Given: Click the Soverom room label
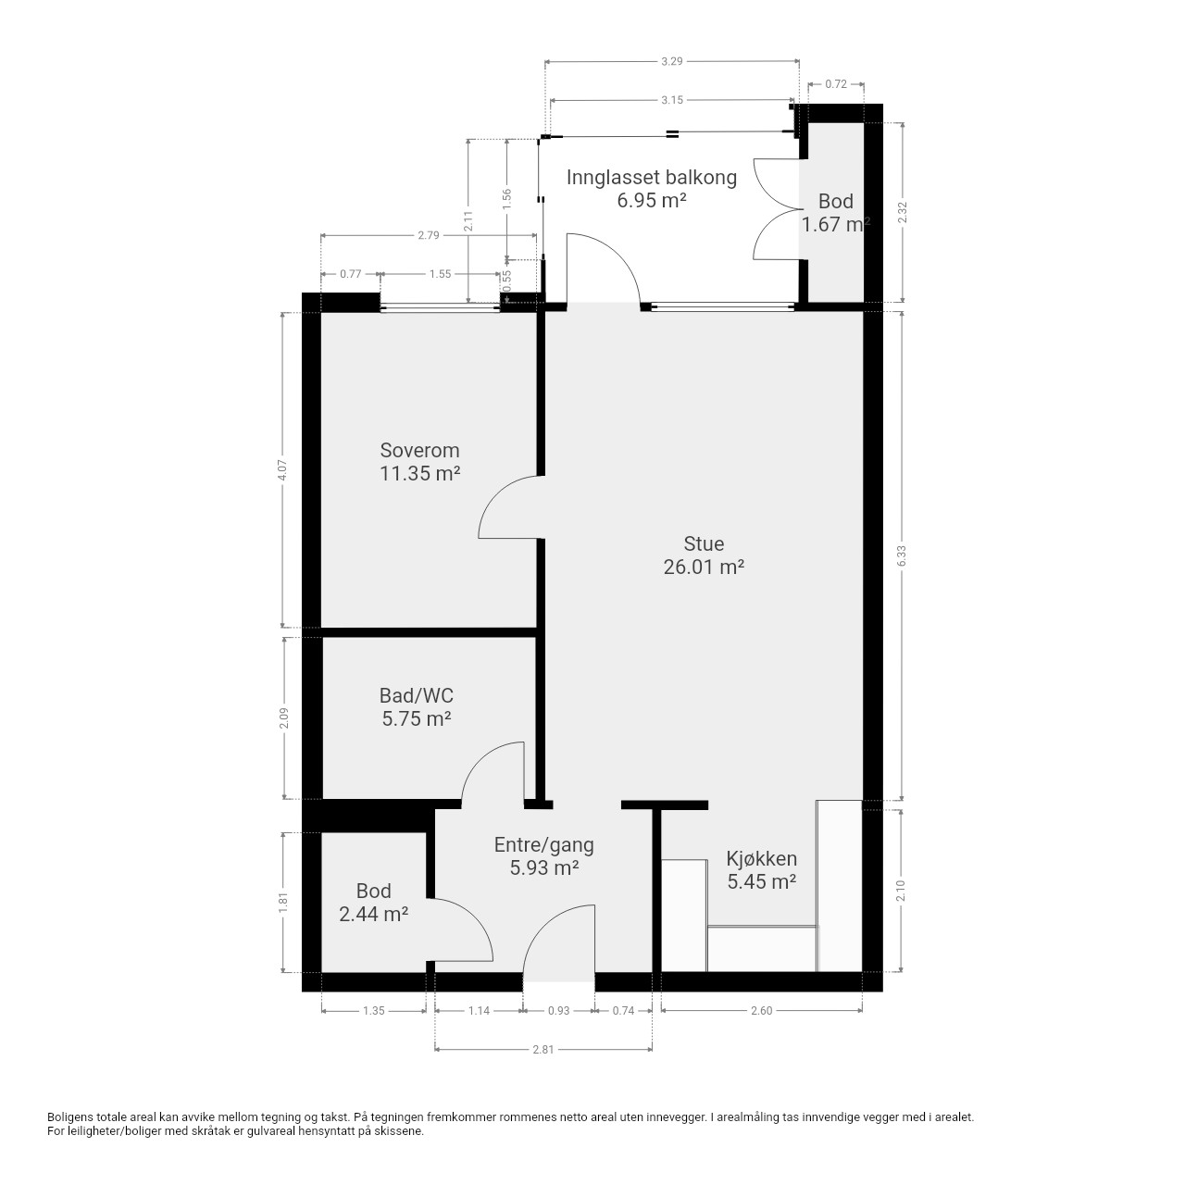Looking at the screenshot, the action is coord(419,451).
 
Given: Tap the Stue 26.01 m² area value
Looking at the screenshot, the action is coord(704,567).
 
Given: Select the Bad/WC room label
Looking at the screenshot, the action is coord(417,695).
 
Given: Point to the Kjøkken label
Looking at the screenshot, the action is coord(761,858).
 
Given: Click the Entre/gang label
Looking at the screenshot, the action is coord(543,845).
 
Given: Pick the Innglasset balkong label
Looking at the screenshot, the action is coord(651,178).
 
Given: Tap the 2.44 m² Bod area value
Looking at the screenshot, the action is coord(373,915).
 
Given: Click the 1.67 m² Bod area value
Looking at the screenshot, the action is coord(836,224).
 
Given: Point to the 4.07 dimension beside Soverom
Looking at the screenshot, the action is coord(282,469).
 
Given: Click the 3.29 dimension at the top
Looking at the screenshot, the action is coord(671,61).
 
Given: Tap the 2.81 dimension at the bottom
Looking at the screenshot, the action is coord(543,1050).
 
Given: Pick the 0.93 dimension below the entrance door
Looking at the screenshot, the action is coord(558,1010).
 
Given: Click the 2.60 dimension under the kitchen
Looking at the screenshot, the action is coord(761,1010).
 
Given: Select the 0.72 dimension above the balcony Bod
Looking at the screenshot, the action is coord(836,84).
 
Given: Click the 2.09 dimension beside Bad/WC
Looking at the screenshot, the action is coord(283,718).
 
